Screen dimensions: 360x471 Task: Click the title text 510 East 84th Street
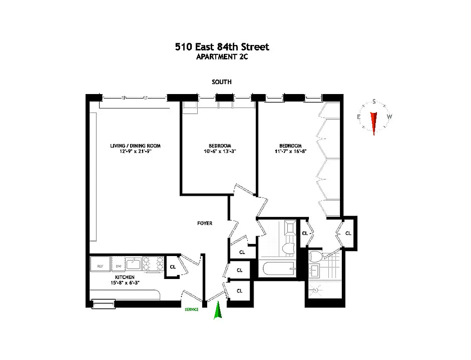coord(222,47)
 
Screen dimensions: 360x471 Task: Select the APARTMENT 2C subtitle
coord(222,57)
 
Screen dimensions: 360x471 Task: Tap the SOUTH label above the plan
coord(222,82)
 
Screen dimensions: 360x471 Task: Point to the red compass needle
coord(373,123)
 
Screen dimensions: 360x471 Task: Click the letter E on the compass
coord(359,117)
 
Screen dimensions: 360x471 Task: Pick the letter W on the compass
coord(389,117)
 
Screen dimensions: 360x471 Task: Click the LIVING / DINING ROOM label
coord(135,146)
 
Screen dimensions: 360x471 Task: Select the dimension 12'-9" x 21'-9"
coord(135,152)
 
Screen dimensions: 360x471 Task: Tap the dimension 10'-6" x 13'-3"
coord(220,152)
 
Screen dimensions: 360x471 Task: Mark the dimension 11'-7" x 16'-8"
coord(290,152)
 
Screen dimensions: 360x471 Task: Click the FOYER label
coord(204,223)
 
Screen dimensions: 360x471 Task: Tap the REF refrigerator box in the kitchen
coord(100,266)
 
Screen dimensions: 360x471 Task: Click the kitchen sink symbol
coord(133,264)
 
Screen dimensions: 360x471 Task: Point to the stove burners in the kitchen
coord(153,264)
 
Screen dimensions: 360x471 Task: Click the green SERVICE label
coord(191,310)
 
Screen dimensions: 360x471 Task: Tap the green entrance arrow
coord(218,310)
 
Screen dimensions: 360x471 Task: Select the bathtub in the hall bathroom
coord(278,270)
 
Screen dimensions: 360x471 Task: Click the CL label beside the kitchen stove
coord(172,266)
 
